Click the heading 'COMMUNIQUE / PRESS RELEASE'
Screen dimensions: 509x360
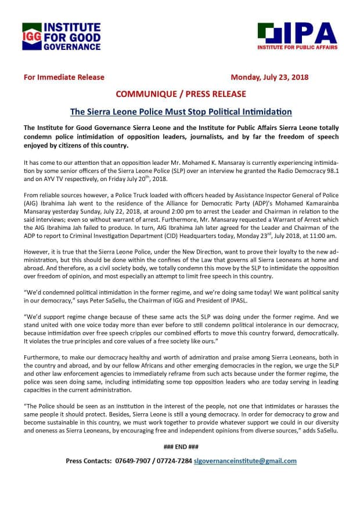coord(180,93)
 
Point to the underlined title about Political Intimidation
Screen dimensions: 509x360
coord(180,110)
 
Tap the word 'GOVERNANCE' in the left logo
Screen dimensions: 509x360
coord(72,46)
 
